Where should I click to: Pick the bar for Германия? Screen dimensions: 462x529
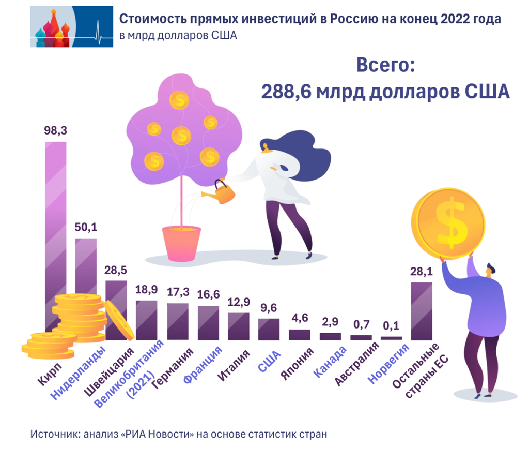tap(177, 321)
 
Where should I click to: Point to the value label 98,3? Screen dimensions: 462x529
tap(55, 131)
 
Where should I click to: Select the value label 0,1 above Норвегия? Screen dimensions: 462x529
tap(391, 326)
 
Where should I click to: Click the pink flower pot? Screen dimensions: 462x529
tap(180, 243)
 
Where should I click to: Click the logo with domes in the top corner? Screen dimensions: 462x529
tap(71, 26)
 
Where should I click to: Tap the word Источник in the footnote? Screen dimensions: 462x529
tap(53, 434)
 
